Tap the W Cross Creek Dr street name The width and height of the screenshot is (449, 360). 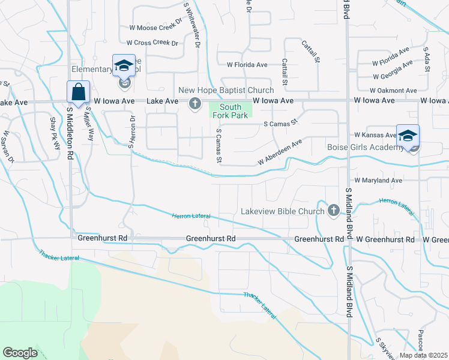click(x=152, y=43)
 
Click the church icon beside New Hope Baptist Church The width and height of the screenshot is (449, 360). click(x=194, y=104)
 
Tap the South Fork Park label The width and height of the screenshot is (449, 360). click(x=231, y=111)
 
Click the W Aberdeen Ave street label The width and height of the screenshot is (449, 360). click(x=279, y=152)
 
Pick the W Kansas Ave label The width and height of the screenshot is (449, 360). click(x=375, y=136)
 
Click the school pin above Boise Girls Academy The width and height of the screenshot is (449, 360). click(x=408, y=137)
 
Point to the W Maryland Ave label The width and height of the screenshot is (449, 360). click(x=378, y=180)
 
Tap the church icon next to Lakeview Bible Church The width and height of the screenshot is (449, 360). click(x=334, y=211)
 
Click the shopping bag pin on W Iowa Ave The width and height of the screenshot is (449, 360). click(x=78, y=93)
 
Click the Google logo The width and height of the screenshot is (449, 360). click(x=20, y=353)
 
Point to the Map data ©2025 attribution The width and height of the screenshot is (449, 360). click(x=424, y=355)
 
